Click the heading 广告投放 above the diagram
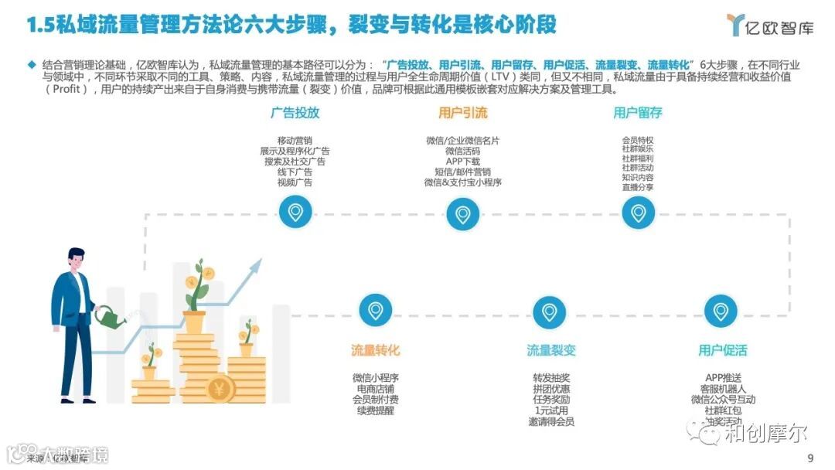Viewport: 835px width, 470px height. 295,113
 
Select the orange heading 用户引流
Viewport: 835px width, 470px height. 462,113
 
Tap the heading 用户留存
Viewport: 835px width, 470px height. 638,113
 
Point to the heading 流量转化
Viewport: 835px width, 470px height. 375,350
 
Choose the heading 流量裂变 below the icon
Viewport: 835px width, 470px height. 551,350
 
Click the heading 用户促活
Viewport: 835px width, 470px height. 723,350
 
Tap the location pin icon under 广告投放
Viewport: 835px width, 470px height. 295,212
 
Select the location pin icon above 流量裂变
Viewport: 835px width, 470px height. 550,311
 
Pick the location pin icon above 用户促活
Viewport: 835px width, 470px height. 721,311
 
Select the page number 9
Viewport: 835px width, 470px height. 809,458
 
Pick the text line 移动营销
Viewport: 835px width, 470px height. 295,140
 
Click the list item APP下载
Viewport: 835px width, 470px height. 462,162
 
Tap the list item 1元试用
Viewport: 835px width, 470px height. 551,410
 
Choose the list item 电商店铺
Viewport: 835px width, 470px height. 375,389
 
